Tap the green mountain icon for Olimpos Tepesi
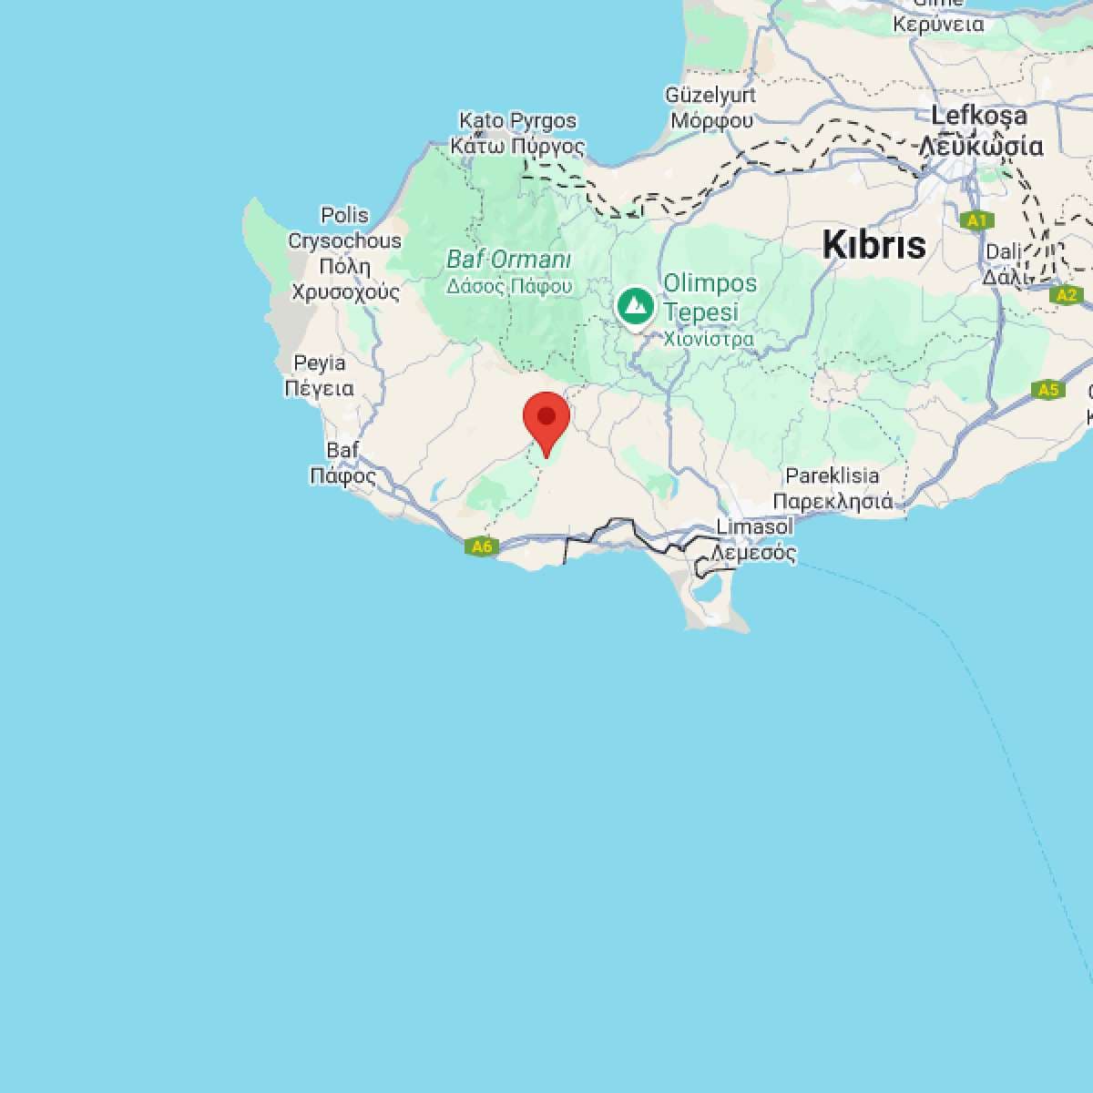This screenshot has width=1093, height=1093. [634, 306]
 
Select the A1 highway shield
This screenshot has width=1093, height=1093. [976, 220]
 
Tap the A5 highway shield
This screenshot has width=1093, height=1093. [1048, 390]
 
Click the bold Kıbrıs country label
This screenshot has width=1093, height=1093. [873, 244]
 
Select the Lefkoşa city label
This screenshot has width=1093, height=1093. [979, 117]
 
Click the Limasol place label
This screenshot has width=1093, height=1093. [754, 526]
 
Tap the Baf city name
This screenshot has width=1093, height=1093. [342, 450]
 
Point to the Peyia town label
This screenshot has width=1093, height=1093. [320, 363]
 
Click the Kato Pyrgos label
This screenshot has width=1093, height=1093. [517, 120]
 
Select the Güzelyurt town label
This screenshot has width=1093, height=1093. [710, 95]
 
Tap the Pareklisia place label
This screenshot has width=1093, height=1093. [833, 475]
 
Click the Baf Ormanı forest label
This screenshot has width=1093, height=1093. [508, 260]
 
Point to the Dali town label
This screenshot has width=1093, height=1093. [1004, 251]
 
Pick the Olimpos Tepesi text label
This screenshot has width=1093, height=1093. [710, 297]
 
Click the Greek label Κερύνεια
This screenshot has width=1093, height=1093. [938, 25]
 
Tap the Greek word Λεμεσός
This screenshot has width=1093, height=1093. [754, 552]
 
